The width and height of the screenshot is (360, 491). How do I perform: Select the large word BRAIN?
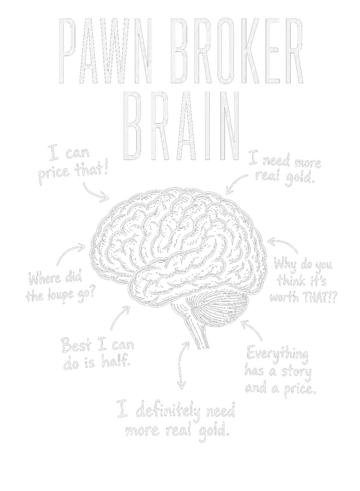[183, 125]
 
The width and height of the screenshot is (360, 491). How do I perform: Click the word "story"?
[295, 372]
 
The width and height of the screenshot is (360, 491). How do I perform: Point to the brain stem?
[194, 329]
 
